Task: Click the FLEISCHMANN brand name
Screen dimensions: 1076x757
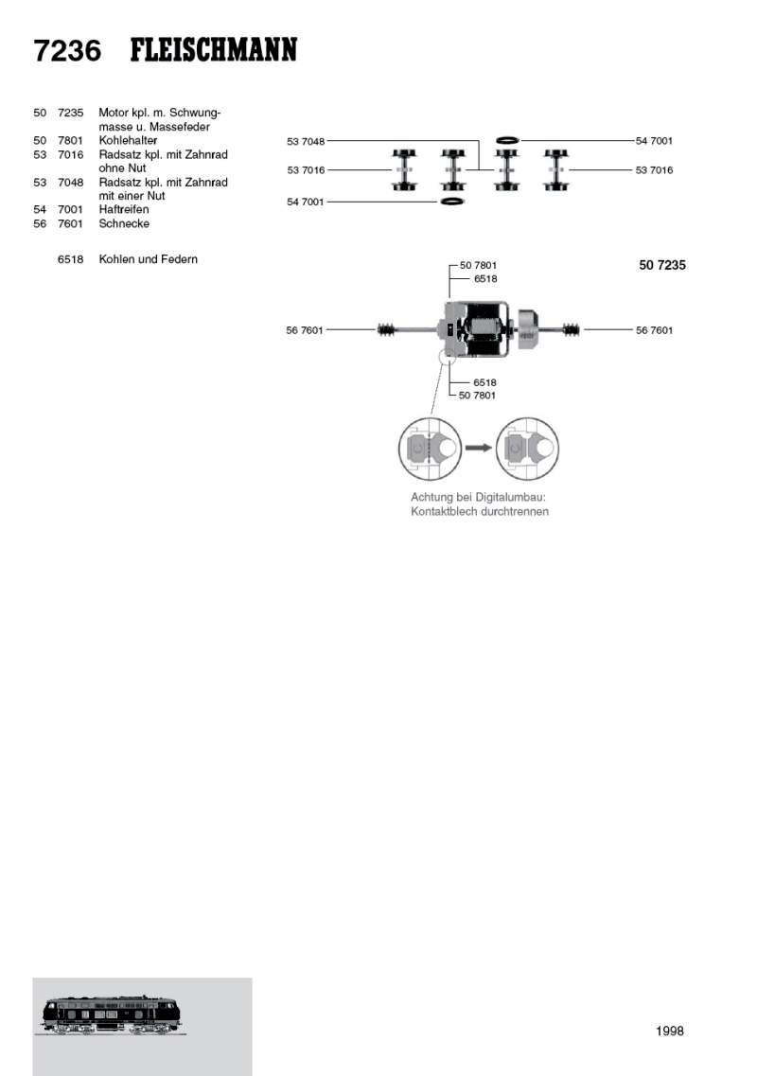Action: click(214, 50)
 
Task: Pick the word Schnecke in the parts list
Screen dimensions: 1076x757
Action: click(124, 223)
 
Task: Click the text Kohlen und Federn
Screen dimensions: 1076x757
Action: click(149, 259)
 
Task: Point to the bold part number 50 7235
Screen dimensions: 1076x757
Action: click(662, 266)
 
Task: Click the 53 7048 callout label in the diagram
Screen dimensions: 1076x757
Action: click(306, 141)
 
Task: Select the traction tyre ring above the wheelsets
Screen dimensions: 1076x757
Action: click(507, 140)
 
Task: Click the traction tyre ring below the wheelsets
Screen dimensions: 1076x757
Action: click(452, 202)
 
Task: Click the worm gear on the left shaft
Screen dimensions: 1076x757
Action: click(389, 329)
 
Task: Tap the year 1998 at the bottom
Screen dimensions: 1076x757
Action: click(669, 1032)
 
